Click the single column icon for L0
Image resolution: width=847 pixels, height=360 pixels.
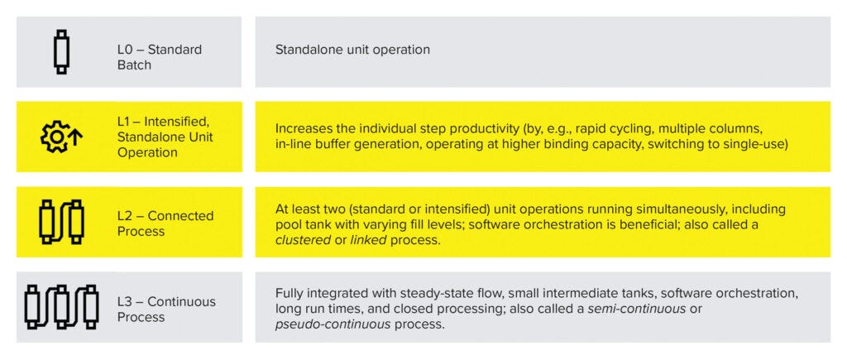tap(61, 52)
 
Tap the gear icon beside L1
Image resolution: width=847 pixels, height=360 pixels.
tap(56, 137)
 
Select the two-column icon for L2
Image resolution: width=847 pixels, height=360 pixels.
tap(61, 222)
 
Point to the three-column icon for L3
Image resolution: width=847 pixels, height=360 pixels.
tap(61, 307)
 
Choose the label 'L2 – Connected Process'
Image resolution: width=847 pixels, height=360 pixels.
tap(165, 223)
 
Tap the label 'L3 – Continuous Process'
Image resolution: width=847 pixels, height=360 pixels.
tap(165, 309)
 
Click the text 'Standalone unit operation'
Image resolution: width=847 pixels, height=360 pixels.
tap(352, 50)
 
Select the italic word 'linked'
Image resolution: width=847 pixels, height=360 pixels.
tap(366, 239)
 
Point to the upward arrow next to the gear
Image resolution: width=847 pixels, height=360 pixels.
tap(76, 137)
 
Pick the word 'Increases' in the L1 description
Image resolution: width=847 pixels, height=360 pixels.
tap(304, 128)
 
